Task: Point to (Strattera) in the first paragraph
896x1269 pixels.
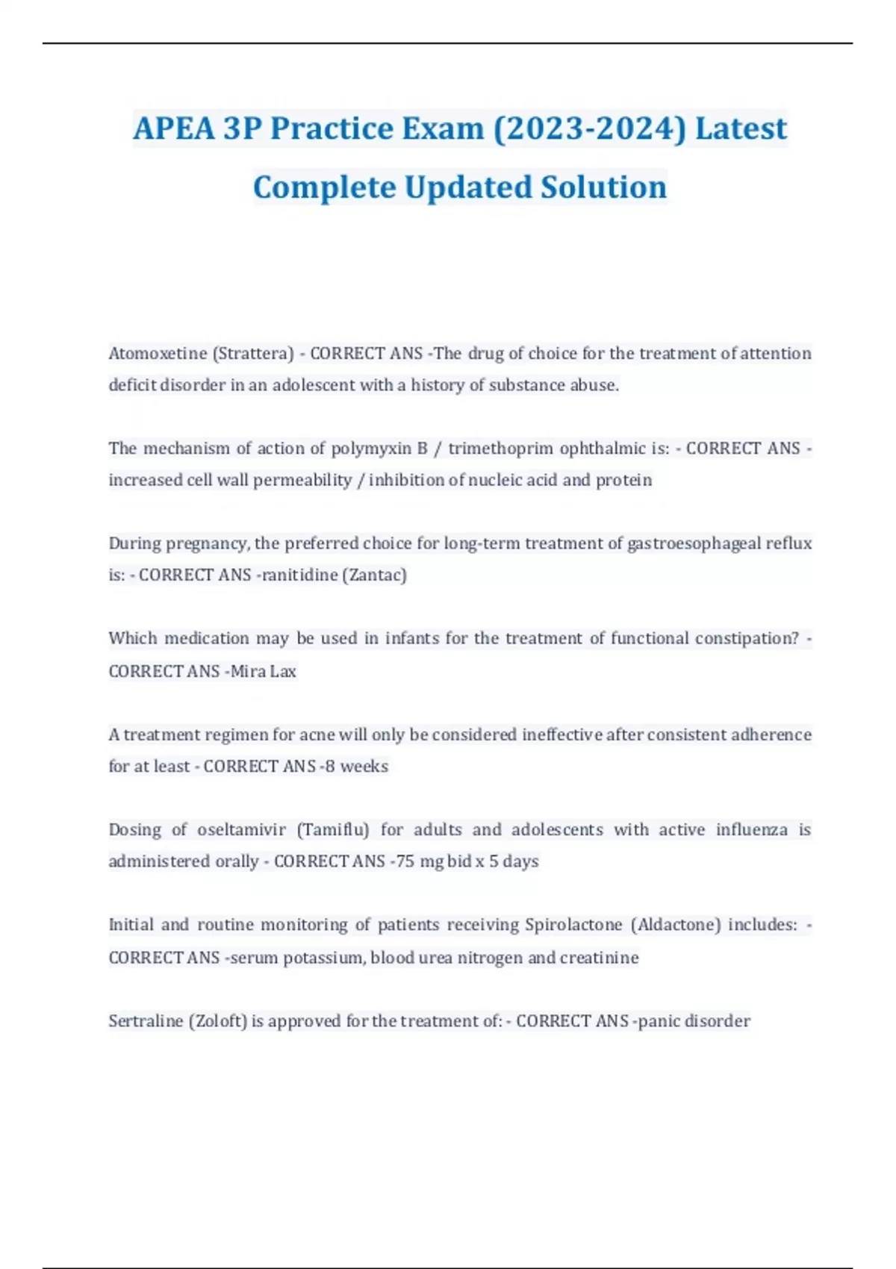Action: coord(253,353)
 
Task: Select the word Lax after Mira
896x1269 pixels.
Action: coord(283,671)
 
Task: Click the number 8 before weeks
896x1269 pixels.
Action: coord(330,767)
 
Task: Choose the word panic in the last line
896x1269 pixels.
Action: coord(659,1021)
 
